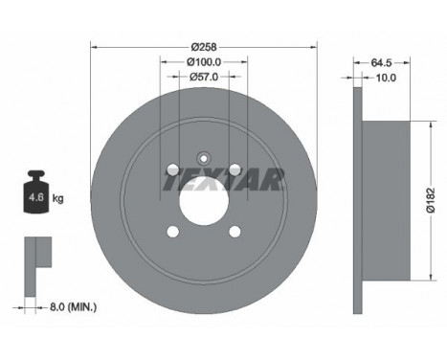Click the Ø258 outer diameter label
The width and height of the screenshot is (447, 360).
[204, 47]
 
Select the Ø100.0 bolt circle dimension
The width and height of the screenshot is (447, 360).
[204, 62]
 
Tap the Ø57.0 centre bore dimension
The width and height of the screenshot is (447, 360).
[204, 77]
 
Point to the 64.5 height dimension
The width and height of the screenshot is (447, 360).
[381, 63]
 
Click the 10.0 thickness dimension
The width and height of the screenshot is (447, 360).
[386, 78]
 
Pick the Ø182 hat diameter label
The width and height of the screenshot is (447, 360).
[431, 200]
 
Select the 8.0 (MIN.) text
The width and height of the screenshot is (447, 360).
[73, 307]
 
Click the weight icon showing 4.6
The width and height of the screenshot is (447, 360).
[37, 191]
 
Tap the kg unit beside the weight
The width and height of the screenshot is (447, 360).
[57, 198]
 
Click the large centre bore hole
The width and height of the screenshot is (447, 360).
[204, 201]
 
